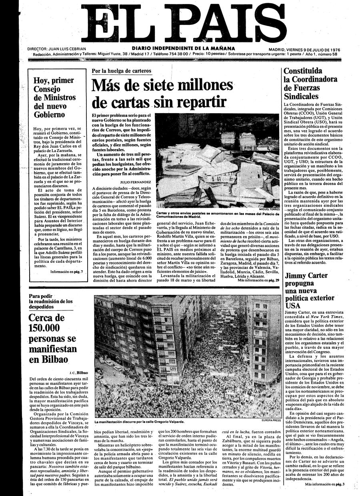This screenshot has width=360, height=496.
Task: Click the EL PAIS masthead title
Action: point(180,22)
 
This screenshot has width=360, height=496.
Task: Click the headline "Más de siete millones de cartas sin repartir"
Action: point(162,94)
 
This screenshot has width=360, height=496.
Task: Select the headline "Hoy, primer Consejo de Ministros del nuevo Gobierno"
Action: point(54,97)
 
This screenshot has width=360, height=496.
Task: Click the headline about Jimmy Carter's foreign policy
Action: point(306,290)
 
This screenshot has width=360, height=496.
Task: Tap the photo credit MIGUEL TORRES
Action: point(268,209)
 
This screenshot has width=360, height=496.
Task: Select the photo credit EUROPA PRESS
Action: point(271,420)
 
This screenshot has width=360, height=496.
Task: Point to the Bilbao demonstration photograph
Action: point(188,356)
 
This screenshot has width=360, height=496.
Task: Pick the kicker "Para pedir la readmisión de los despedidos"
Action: point(51,301)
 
